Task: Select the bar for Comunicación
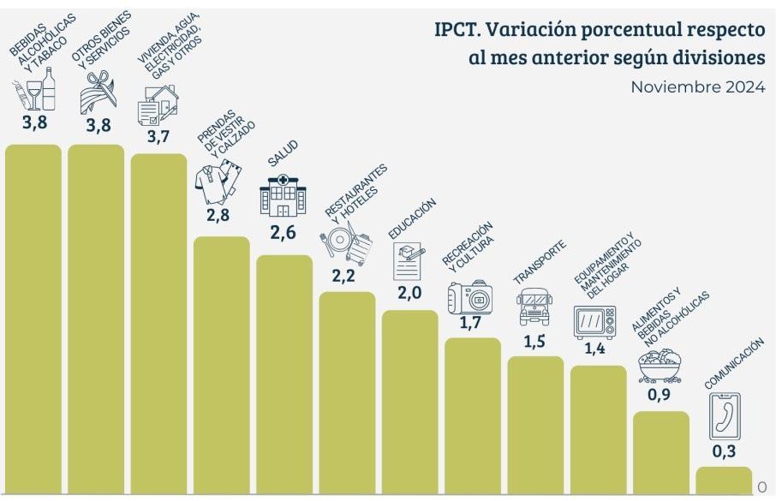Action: coord(724,480)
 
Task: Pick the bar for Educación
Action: coord(409,402)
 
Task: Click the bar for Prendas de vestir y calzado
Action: coord(221,366)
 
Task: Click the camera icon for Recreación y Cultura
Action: coord(470,298)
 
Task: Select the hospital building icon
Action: coord(283,197)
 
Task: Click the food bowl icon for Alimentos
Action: coord(660,367)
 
